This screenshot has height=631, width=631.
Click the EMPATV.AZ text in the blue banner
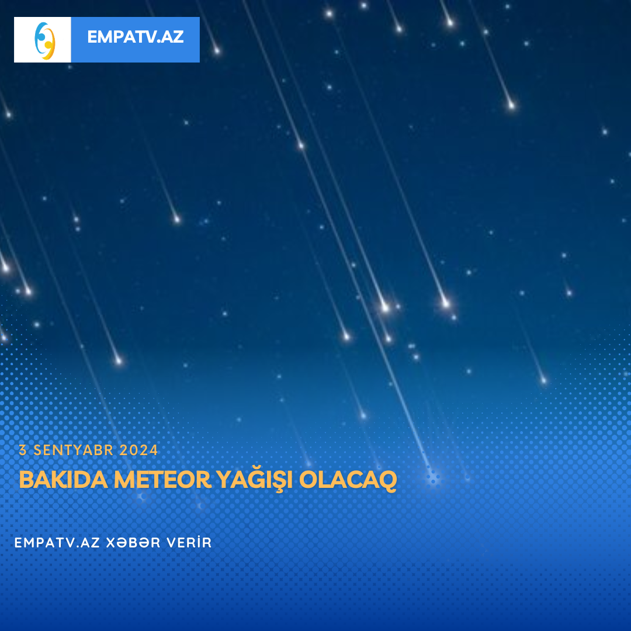click(x=135, y=37)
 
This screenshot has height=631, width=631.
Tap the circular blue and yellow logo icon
click(x=44, y=41)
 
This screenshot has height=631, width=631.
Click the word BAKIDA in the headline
click(x=64, y=480)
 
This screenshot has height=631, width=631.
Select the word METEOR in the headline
click(x=162, y=480)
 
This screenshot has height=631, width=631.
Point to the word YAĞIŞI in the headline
click(x=254, y=480)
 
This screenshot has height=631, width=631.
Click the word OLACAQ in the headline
click(x=348, y=480)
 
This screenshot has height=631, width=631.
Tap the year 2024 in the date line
click(x=138, y=450)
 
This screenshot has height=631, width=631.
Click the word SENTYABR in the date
click(x=73, y=450)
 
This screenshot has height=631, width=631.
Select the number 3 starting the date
click(x=23, y=450)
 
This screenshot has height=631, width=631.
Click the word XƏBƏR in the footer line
click(x=133, y=542)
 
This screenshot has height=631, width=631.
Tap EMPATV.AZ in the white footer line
click(x=57, y=542)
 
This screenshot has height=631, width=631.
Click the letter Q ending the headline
click(x=387, y=481)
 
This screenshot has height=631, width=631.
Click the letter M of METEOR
click(x=123, y=480)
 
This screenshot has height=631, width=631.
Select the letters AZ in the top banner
click(x=172, y=37)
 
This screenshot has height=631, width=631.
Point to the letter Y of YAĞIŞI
click(x=224, y=480)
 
